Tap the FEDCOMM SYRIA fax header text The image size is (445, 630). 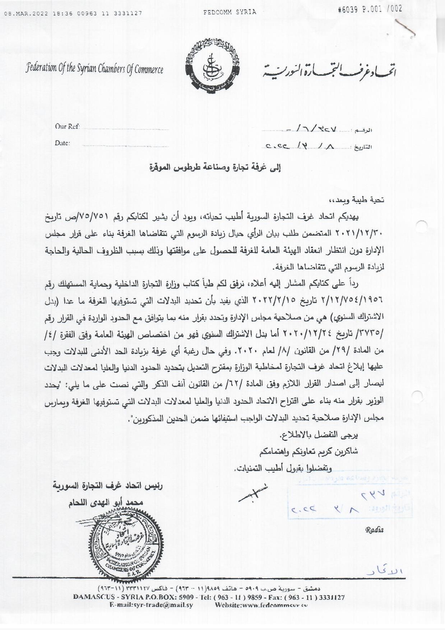(x=230, y=12)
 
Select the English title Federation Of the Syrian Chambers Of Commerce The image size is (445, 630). (x=94, y=69)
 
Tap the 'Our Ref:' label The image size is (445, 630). (x=67, y=126)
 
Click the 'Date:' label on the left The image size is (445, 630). (x=62, y=143)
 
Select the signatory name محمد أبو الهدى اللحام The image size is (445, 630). (x=106, y=502)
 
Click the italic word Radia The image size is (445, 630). (x=374, y=530)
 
